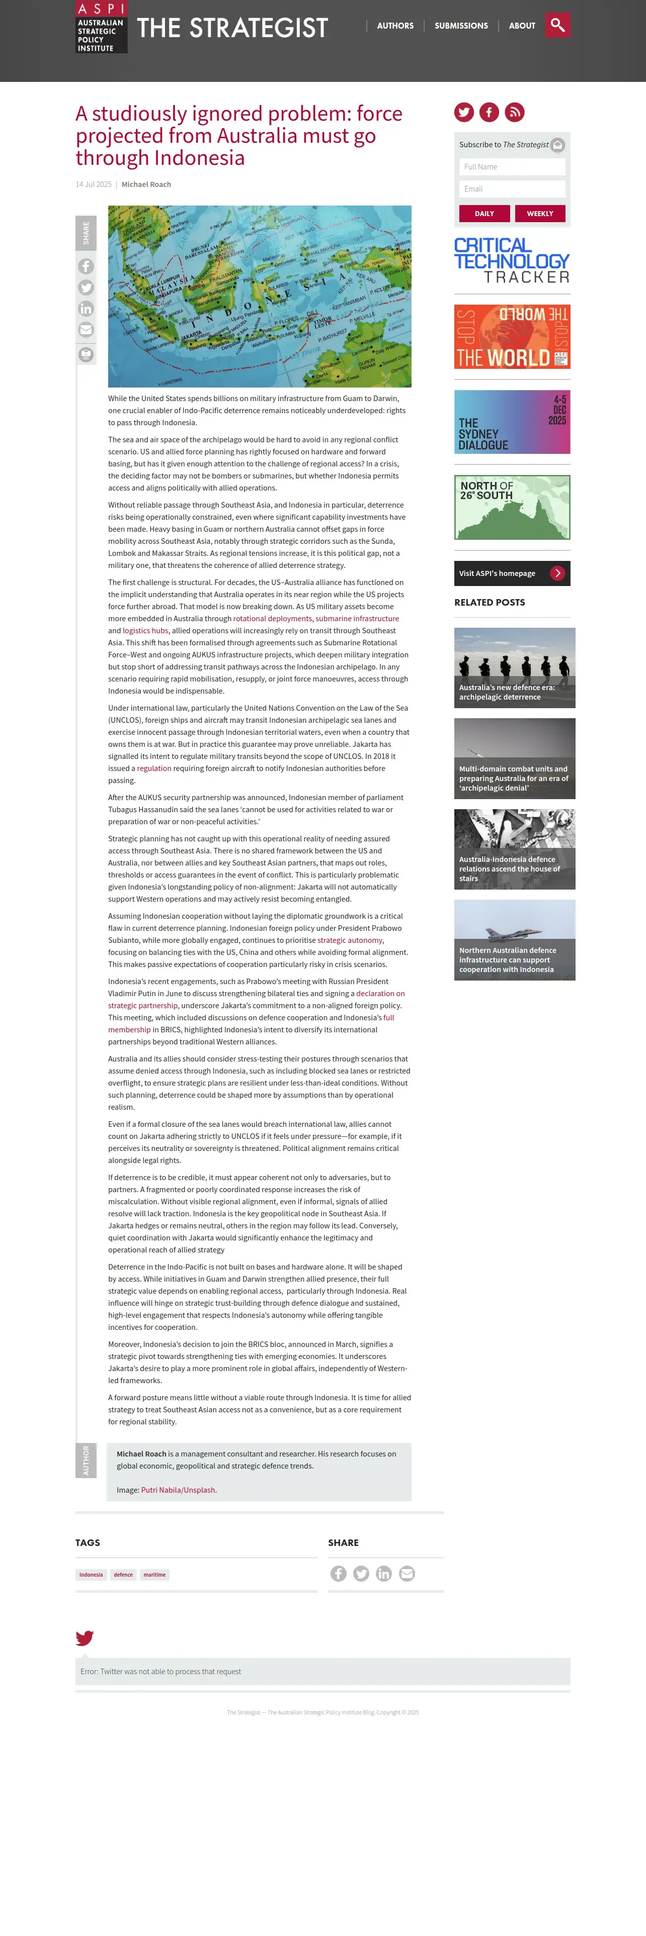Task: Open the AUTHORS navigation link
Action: pyautogui.click(x=395, y=26)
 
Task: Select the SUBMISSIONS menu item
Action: pyautogui.click(x=461, y=26)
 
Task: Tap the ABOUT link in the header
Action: pyautogui.click(x=522, y=26)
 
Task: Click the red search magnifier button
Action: pyautogui.click(x=557, y=25)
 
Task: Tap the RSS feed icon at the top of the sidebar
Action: pyautogui.click(x=514, y=113)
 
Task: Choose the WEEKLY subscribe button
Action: pyautogui.click(x=540, y=214)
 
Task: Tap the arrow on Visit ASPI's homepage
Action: pyautogui.click(x=557, y=573)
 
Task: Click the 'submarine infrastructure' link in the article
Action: pyautogui.click(x=357, y=619)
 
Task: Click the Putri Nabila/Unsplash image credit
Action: pyautogui.click(x=178, y=1490)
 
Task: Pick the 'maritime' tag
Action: pyautogui.click(x=155, y=1575)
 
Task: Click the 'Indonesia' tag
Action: pyautogui.click(x=91, y=1575)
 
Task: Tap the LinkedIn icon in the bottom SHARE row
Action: pyautogui.click(x=383, y=1574)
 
